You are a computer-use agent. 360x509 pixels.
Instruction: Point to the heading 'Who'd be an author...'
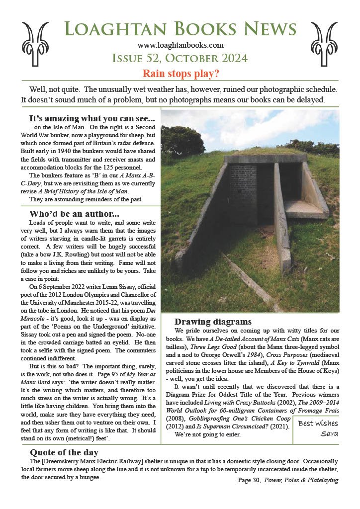pos(74,214)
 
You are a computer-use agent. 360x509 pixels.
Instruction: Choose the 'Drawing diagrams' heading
pos(213,322)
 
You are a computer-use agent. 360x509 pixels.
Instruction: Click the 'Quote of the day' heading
pos(64,452)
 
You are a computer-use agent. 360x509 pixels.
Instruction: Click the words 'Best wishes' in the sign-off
pos(318,423)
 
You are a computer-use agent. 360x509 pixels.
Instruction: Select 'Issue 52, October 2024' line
pos(180,59)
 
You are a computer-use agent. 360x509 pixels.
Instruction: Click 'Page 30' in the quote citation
pos(249,480)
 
